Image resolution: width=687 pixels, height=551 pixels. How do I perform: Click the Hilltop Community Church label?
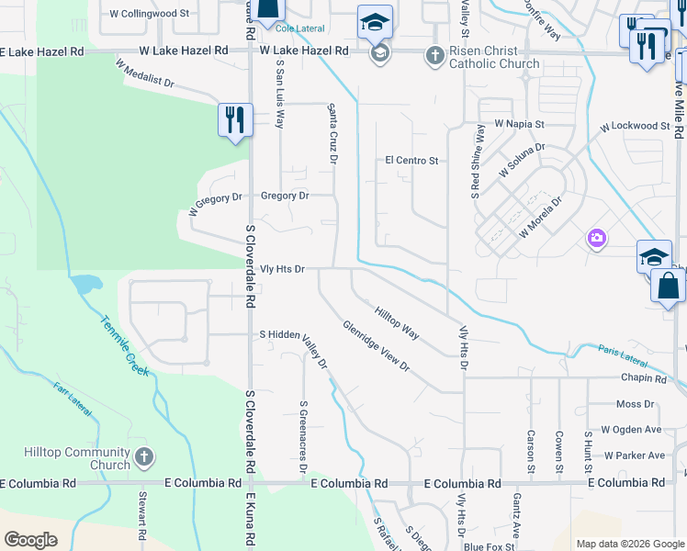point(76,458)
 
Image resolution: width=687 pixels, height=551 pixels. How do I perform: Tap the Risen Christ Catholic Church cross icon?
point(435,57)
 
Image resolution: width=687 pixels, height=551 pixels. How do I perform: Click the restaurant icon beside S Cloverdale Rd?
point(235,119)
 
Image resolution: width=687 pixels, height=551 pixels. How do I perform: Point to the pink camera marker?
point(597,240)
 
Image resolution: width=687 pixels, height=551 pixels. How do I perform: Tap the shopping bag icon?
point(668,285)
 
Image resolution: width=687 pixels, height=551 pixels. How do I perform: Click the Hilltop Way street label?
point(397,324)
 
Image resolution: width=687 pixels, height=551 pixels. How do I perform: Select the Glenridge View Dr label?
point(376,345)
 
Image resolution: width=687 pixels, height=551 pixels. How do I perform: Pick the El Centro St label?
point(411,161)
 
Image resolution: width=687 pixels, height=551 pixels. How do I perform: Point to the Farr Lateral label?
point(73,400)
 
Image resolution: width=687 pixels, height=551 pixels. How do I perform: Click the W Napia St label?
point(519,123)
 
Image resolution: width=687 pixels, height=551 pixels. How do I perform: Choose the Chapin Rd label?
point(643,378)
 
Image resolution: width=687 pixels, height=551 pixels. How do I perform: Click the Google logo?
point(31,540)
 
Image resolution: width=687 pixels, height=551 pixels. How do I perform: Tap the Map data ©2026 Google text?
point(629,544)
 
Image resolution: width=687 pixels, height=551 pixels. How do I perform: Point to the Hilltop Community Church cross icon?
point(142,456)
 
